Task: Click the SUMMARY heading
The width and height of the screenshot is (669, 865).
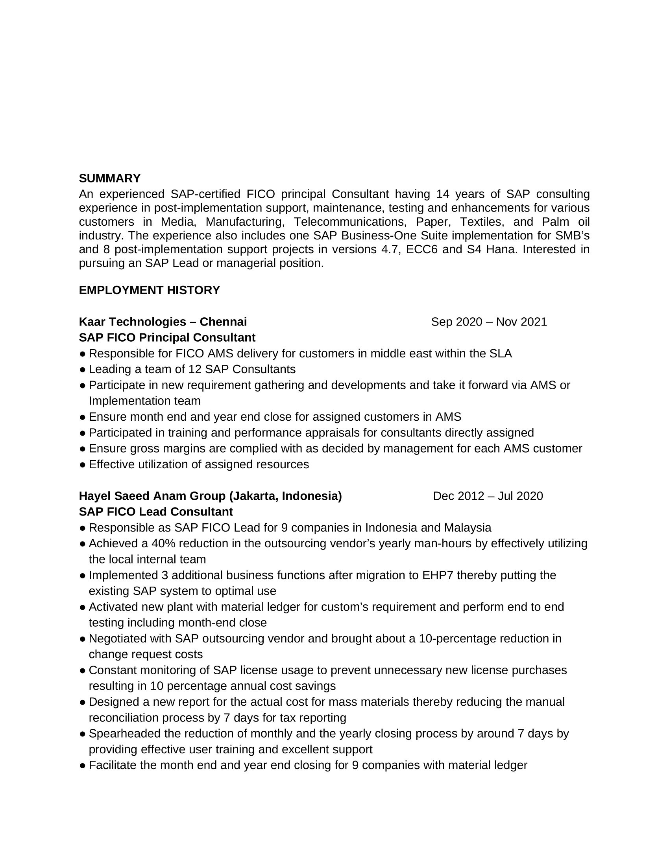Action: coord(109,178)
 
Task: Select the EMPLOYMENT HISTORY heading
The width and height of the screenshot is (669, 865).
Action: coord(149,290)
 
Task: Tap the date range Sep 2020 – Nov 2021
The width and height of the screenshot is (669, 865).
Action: coord(489,322)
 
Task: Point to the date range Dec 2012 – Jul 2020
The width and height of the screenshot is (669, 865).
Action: coord(488,496)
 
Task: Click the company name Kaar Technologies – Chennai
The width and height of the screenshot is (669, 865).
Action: coord(163,322)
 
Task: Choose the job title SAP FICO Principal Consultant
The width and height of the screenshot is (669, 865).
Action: coord(167,337)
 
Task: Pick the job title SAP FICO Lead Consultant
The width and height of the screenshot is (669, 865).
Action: coord(156,512)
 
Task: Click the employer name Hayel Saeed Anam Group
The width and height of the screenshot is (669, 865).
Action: coord(152,496)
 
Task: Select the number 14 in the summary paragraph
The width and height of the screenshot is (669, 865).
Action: coord(443,194)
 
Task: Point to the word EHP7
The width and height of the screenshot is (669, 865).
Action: coord(438,575)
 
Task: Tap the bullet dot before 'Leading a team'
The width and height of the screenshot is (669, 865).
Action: coord(82,370)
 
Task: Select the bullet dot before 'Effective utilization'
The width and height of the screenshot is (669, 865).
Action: coord(82,465)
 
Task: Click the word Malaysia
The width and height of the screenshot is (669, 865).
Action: coord(467,528)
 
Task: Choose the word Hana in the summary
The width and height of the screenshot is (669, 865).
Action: coord(500,250)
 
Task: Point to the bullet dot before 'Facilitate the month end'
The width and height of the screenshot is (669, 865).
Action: coord(82,766)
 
